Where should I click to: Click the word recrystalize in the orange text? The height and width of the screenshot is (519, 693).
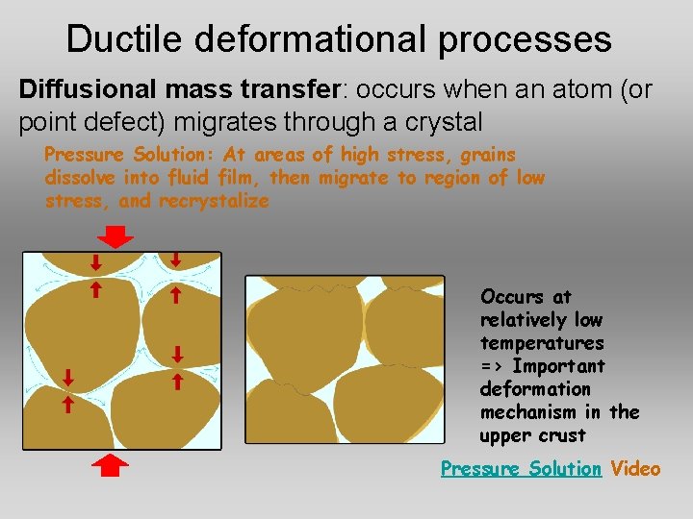coord(214,201)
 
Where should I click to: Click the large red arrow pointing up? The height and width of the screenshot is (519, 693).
coord(114,466)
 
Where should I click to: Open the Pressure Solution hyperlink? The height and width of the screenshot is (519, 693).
coord(521,469)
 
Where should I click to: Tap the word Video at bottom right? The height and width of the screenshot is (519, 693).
coord(635,469)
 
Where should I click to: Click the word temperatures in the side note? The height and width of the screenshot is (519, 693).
coord(542,343)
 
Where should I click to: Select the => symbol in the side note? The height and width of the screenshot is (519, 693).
coord(491,366)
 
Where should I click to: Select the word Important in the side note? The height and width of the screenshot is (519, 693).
coord(559,366)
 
